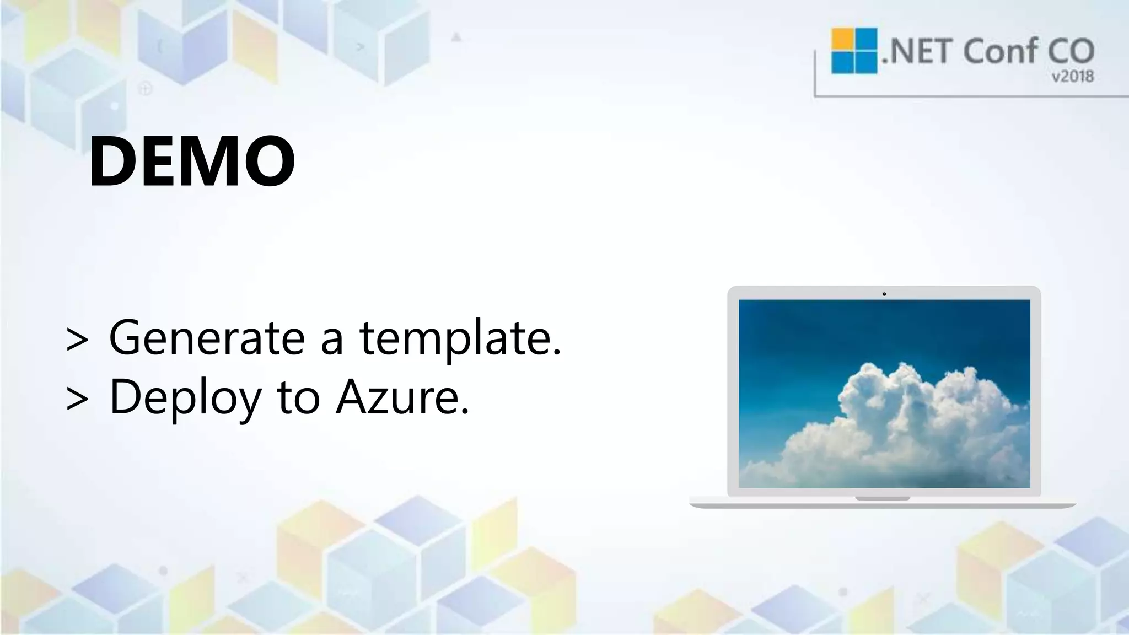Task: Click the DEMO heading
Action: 191,162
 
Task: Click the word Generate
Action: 207,337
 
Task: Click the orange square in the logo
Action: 842,40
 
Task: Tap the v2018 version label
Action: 1072,77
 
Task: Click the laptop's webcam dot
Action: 884,294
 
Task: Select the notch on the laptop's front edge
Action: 882,498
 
